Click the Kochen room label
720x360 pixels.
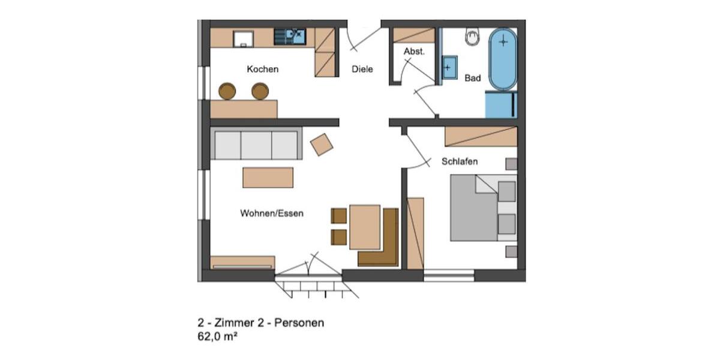(x=262, y=69)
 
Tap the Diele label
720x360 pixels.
(x=362, y=69)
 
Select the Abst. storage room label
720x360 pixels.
(x=414, y=52)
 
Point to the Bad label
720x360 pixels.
(x=473, y=78)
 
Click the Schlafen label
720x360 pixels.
(x=460, y=161)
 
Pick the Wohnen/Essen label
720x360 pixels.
(x=272, y=213)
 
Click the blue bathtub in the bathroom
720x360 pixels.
(x=502, y=59)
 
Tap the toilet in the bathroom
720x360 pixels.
(x=473, y=37)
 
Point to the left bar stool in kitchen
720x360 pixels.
(x=227, y=91)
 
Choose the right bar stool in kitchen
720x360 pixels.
(x=260, y=91)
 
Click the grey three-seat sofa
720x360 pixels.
(x=256, y=144)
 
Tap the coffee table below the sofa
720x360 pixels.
(x=268, y=178)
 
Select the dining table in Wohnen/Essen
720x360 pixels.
(x=365, y=227)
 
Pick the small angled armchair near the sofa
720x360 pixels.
(x=322, y=144)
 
